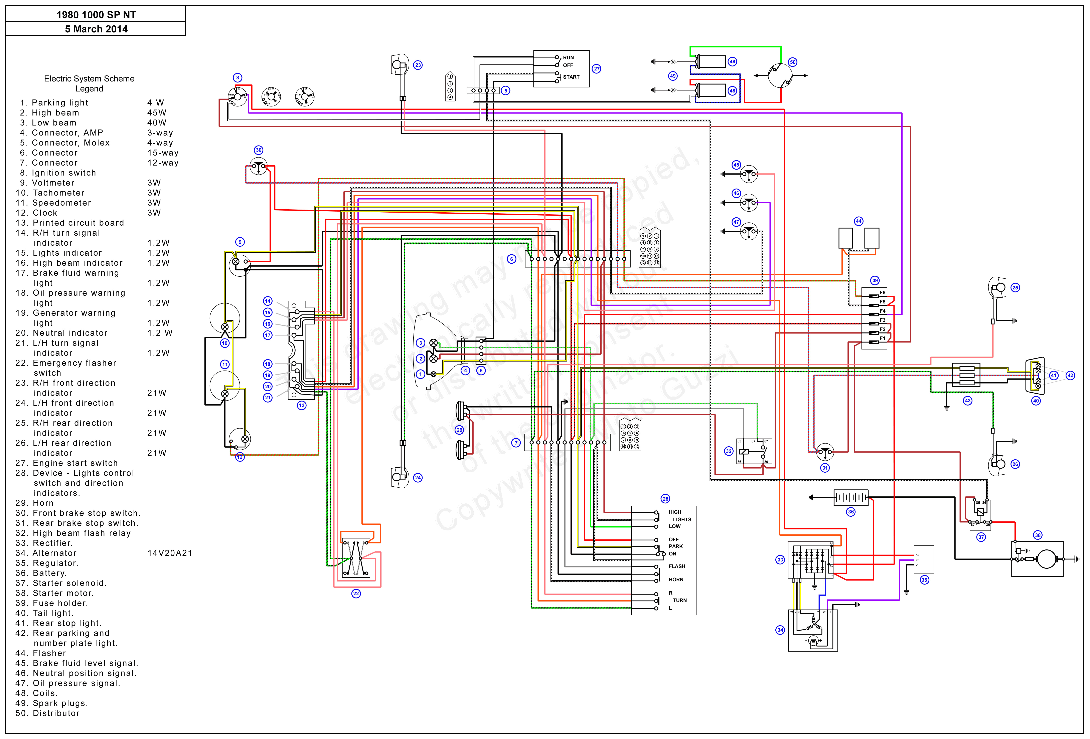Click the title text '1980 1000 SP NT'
click(x=96, y=15)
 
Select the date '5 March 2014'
click(x=96, y=29)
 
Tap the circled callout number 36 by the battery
click(x=851, y=512)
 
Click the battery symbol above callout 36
click(x=851, y=498)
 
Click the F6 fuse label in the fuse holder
click(x=882, y=293)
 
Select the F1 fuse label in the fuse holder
click(x=882, y=338)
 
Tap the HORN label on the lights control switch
click(x=676, y=580)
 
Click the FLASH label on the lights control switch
click(x=677, y=566)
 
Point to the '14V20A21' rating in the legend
click(x=170, y=553)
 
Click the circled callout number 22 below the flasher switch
click(x=356, y=594)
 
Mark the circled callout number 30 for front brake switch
click(x=258, y=150)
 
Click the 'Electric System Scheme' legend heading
click(x=89, y=79)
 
